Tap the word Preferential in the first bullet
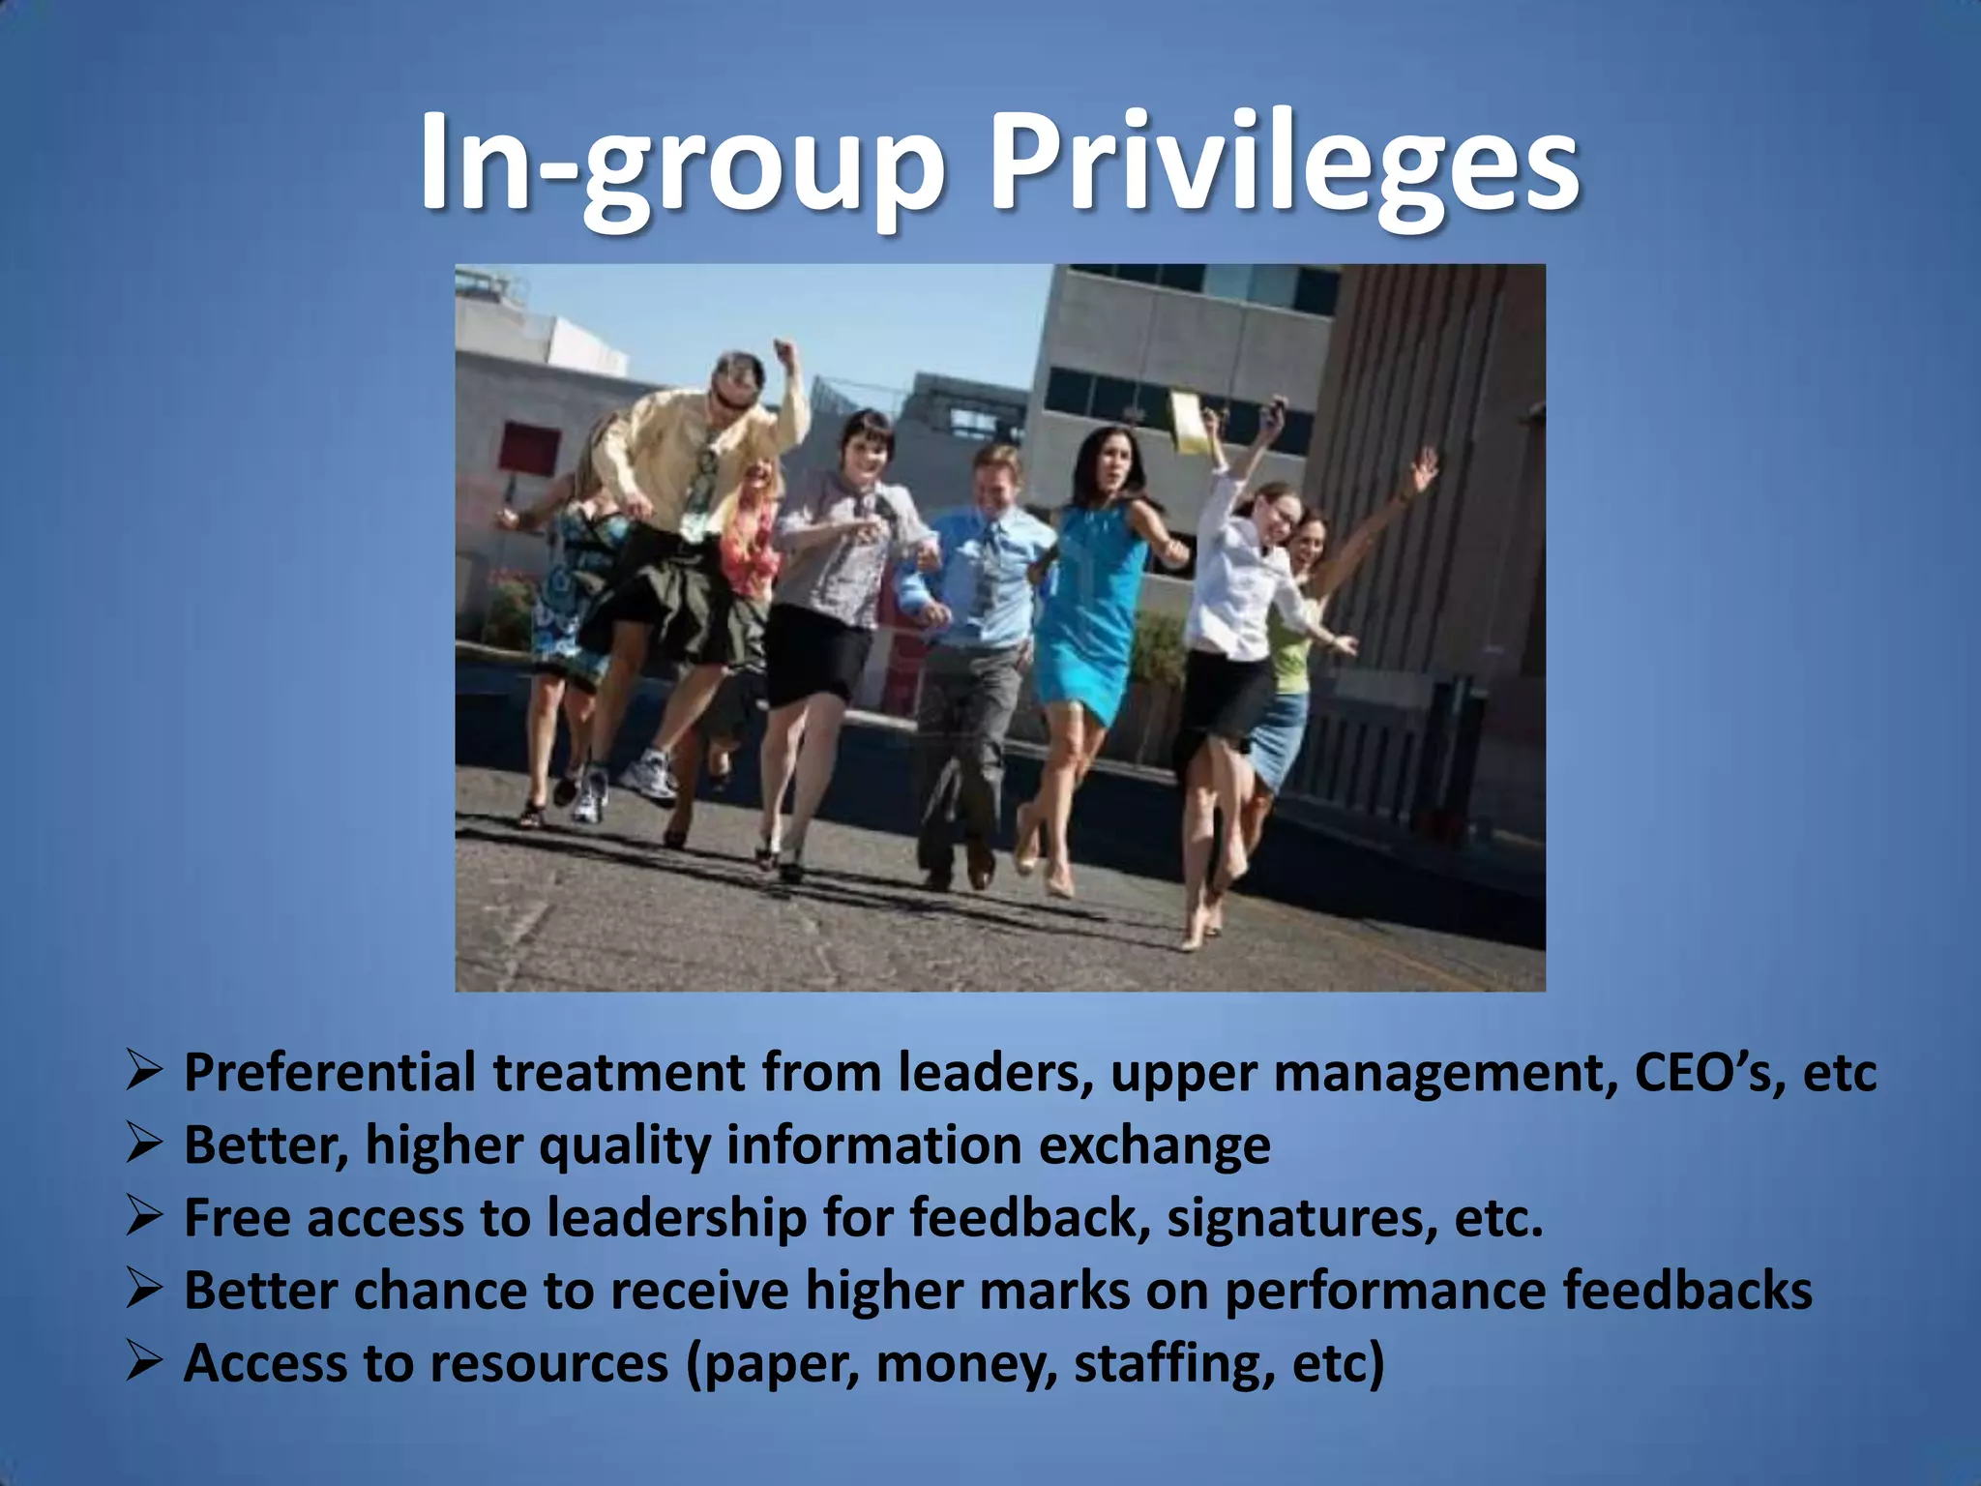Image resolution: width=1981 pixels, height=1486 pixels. click(330, 1073)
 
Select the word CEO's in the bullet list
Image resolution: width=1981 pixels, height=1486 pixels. click(1709, 1073)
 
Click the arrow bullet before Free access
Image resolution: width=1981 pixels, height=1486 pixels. click(143, 1217)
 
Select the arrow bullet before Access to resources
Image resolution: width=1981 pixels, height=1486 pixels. click(143, 1362)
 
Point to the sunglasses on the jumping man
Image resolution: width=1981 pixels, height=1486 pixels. click(729, 398)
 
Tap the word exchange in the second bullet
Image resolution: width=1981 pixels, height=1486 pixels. click(1155, 1146)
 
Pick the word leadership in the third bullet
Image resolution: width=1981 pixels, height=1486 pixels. click(677, 1219)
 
